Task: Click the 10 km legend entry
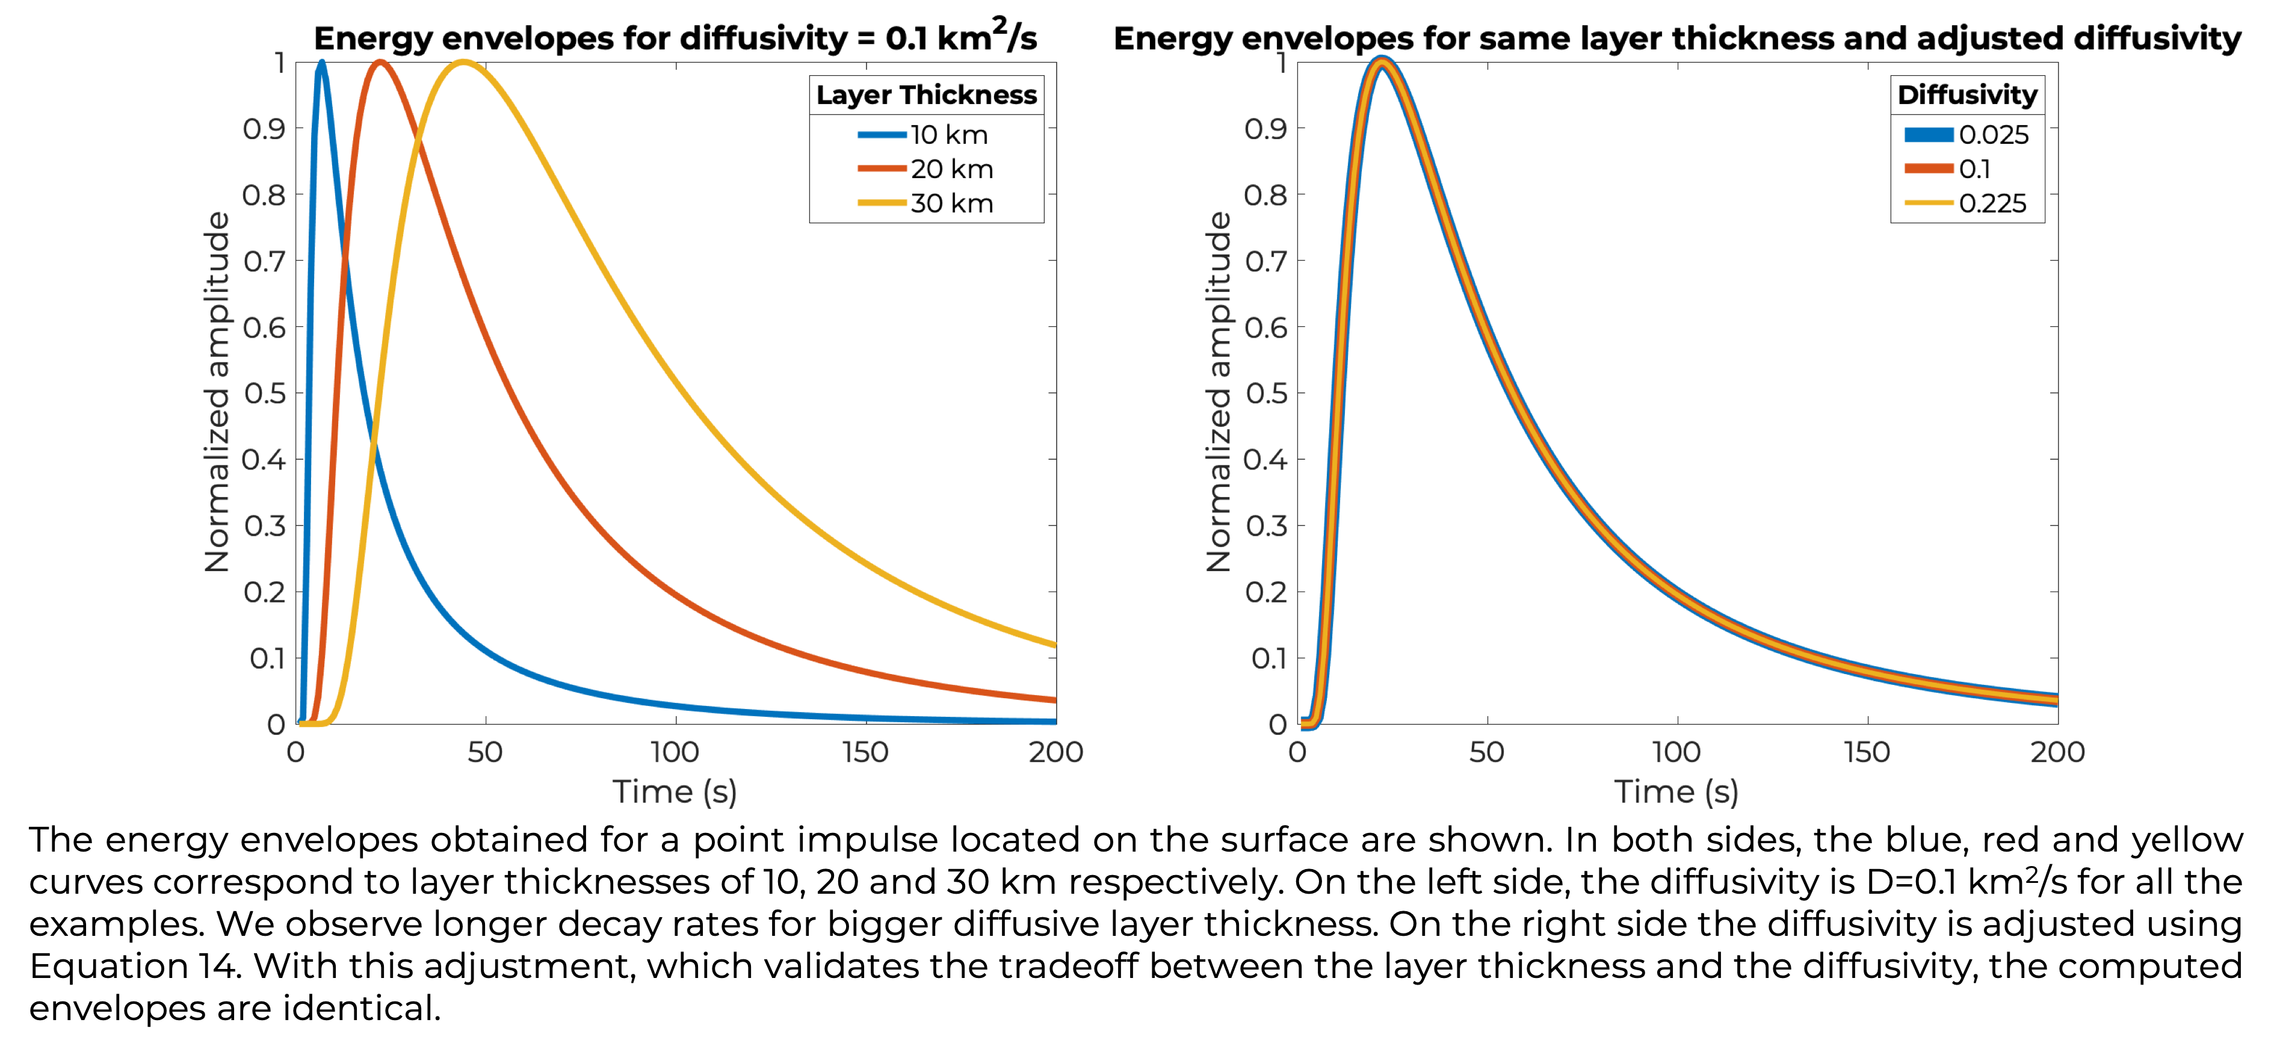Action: tap(922, 135)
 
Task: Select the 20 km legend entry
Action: tap(925, 169)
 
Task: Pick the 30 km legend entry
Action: tap(925, 203)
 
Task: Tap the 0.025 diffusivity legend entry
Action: tap(1967, 135)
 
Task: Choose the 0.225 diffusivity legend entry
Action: tap(1966, 203)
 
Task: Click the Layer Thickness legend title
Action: tap(926, 94)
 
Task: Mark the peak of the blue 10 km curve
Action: tap(321, 62)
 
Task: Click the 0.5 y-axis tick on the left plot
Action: tap(265, 394)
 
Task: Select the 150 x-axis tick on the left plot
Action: tap(865, 752)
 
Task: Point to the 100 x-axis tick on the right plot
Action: tap(1676, 752)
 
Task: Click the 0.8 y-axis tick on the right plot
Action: tap(1266, 195)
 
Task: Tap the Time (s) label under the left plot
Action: tap(675, 792)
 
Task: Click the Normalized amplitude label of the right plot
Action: tap(1219, 392)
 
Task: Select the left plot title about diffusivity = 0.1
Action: tap(675, 37)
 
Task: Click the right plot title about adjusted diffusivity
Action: tap(1677, 39)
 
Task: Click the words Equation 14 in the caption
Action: tap(135, 966)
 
